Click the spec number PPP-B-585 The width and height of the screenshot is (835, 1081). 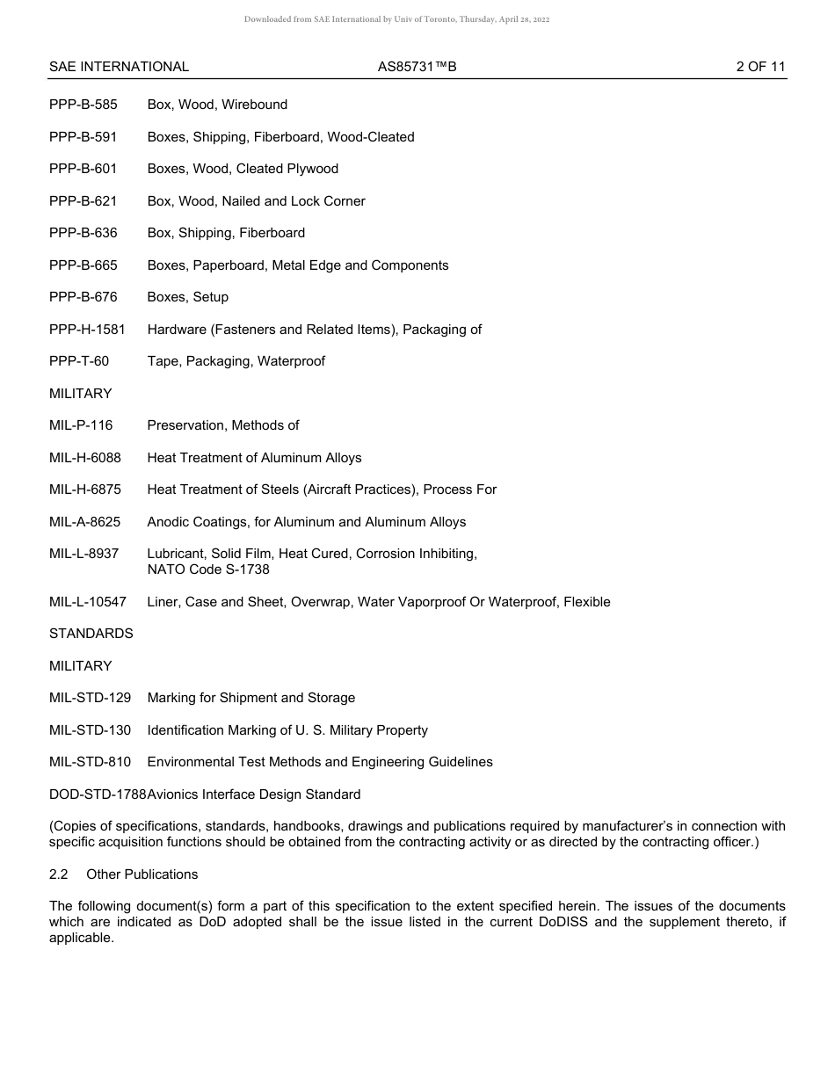point(83,105)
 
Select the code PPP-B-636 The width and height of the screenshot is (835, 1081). point(83,233)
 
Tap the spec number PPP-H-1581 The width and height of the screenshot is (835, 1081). point(87,330)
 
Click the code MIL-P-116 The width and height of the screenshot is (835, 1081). point(81,425)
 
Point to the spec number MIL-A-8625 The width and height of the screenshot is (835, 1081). point(85,522)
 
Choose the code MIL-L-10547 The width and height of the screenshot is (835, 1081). point(88,602)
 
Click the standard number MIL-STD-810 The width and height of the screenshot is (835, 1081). point(90,762)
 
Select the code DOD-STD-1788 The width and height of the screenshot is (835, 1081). point(98,794)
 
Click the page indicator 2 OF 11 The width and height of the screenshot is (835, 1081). point(760,67)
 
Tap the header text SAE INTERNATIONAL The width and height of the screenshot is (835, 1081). point(119,67)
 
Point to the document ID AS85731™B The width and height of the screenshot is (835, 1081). point(417,67)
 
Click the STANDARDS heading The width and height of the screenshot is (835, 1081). point(91,634)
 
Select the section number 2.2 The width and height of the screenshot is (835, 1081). point(59,874)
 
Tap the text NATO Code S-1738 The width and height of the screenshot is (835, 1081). point(208,570)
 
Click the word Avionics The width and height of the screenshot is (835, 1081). point(173,794)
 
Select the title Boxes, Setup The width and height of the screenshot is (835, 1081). point(188,297)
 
